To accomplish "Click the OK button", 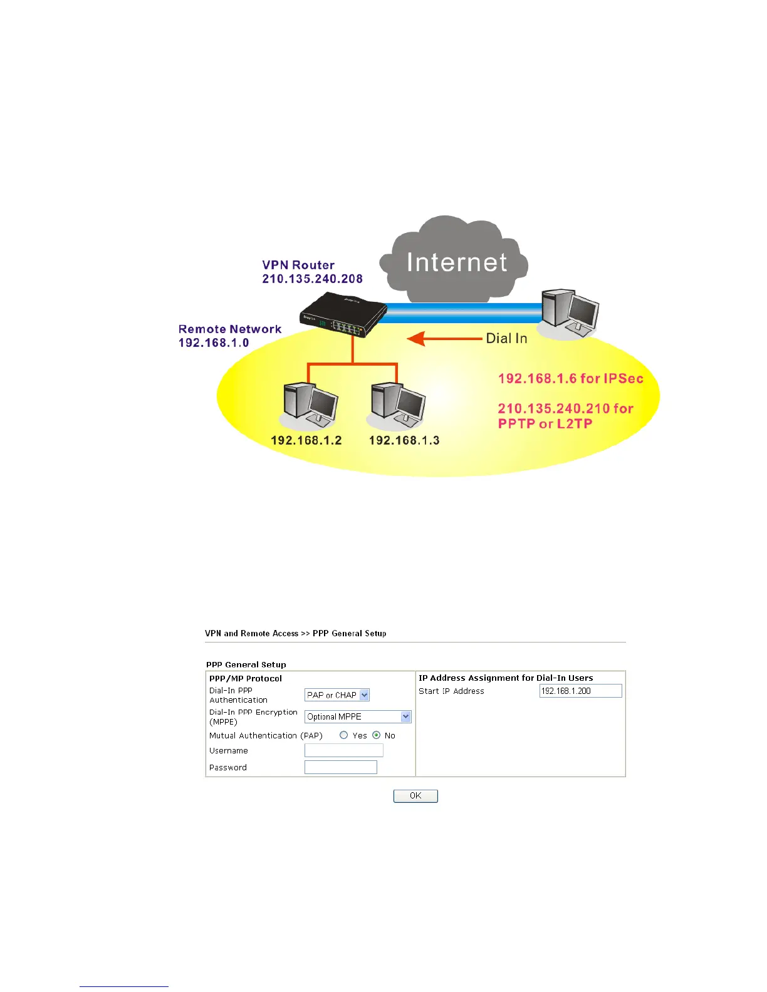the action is coord(415,796).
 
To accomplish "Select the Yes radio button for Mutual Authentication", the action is coord(343,735).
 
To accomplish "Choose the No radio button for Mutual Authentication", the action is coord(376,735).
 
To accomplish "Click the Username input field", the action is coord(343,750).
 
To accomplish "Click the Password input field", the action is coord(340,767).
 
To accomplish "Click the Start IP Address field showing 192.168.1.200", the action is coord(580,691).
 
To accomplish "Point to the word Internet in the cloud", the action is coord(457,262).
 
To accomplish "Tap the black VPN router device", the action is coord(342,317).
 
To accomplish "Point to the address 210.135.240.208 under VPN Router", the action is coord(312,279).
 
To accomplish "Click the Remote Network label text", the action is coord(230,329).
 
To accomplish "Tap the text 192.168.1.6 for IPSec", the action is coord(570,379).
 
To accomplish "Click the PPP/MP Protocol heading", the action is coord(246,678).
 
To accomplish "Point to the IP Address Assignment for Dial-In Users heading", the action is coord(506,678).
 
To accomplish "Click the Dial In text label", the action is coord(506,339).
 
